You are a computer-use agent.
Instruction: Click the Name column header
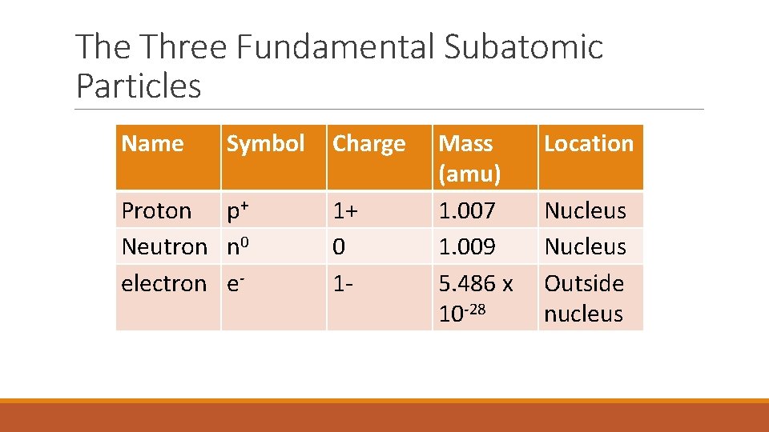click(152, 144)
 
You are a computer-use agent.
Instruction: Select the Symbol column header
click(265, 144)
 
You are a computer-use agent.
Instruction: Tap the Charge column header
click(368, 144)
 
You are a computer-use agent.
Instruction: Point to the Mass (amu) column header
click(470, 158)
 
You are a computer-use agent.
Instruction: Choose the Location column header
click(589, 144)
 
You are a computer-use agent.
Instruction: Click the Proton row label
click(156, 211)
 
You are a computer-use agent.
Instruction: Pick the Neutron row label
click(164, 246)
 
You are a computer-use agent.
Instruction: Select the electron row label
click(163, 283)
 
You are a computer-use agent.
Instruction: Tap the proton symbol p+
click(239, 211)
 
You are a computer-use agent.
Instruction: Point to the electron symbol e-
click(235, 283)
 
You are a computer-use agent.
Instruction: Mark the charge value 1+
click(346, 211)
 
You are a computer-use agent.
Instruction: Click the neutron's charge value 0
click(339, 246)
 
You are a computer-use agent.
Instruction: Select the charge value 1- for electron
click(343, 283)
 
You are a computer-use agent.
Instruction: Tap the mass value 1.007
click(467, 211)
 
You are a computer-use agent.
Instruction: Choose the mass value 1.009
click(467, 246)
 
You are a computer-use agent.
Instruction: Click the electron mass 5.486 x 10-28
click(476, 298)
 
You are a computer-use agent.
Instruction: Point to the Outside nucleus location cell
click(584, 298)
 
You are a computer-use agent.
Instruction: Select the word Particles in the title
click(139, 86)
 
